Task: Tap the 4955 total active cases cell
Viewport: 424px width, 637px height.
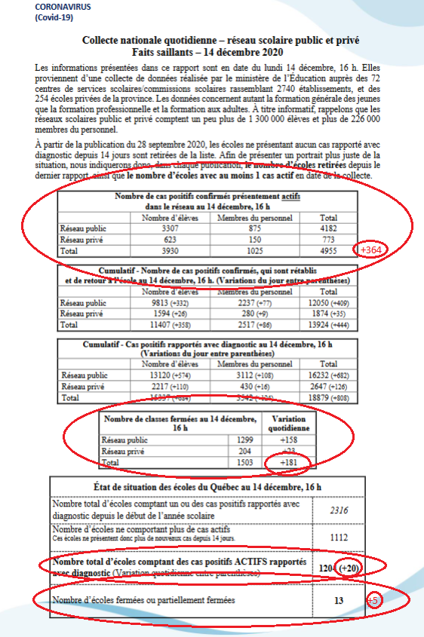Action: click(x=328, y=249)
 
